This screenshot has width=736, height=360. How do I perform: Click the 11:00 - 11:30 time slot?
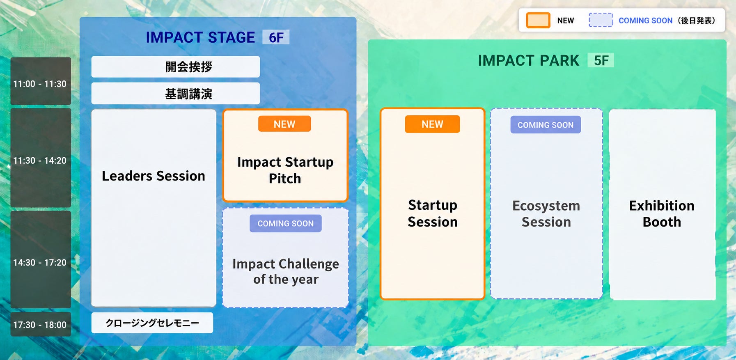tap(40, 81)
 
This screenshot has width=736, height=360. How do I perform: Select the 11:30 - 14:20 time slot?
tap(40, 158)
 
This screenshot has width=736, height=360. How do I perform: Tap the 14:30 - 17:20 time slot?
tap(40, 259)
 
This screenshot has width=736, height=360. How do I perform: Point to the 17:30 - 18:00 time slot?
tap(40, 324)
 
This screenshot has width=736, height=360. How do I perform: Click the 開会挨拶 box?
tap(175, 66)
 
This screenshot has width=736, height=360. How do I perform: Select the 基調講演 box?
tap(175, 94)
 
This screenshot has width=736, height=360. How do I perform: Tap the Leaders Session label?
tap(154, 176)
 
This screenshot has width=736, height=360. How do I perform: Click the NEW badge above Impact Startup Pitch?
tap(284, 124)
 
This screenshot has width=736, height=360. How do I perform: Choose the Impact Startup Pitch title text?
tap(285, 170)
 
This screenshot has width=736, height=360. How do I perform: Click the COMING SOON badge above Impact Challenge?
tap(286, 223)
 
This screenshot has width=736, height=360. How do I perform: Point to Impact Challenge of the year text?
tap(286, 271)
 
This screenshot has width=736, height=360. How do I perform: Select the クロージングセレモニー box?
tap(152, 323)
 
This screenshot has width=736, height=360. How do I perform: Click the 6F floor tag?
tap(276, 37)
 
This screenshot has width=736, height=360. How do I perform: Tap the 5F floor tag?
tap(601, 60)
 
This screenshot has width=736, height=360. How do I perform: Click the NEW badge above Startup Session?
tap(432, 124)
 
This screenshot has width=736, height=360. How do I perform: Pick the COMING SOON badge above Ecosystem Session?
tap(546, 125)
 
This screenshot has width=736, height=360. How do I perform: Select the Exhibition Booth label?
tap(662, 213)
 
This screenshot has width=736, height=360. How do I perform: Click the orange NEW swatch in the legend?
tap(538, 20)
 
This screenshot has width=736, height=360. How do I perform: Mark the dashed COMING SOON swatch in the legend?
tap(601, 20)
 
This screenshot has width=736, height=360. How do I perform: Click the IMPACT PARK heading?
tap(529, 60)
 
